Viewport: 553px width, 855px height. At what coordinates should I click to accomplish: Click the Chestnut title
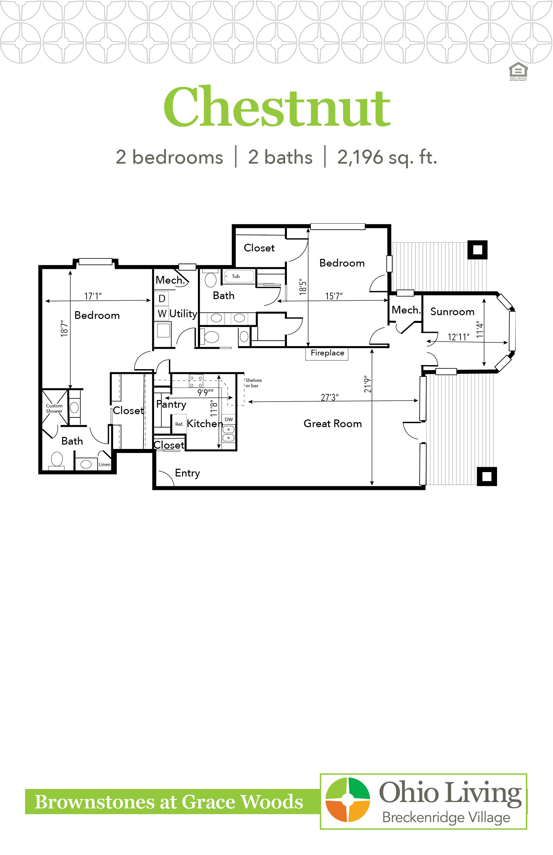pyautogui.click(x=277, y=106)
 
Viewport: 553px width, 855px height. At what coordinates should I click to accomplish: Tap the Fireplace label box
pyautogui.click(x=327, y=353)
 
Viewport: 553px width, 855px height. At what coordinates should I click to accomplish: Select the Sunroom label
pyautogui.click(x=452, y=312)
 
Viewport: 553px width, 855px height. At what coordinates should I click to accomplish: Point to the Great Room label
pyautogui.click(x=332, y=423)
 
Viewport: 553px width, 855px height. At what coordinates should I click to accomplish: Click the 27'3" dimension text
pyautogui.click(x=329, y=397)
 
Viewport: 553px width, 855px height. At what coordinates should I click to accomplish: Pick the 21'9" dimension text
pyautogui.click(x=367, y=384)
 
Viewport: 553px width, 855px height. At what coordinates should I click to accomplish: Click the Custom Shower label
pyautogui.click(x=54, y=408)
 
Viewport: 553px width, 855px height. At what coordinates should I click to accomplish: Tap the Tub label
pyautogui.click(x=236, y=276)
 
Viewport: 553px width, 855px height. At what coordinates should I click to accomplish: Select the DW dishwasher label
pyautogui.click(x=229, y=419)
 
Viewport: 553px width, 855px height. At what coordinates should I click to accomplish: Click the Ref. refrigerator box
pyautogui.click(x=179, y=424)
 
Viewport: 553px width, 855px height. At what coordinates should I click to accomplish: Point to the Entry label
pyautogui.click(x=187, y=473)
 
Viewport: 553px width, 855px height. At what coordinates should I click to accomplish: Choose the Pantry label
pyautogui.click(x=171, y=405)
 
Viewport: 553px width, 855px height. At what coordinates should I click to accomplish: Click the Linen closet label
pyautogui.click(x=105, y=464)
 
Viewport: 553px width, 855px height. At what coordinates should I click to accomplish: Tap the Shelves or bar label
pyautogui.click(x=253, y=383)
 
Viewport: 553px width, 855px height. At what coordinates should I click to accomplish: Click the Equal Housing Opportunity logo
pyautogui.click(x=518, y=71)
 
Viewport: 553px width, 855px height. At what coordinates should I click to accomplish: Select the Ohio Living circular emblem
pyautogui.click(x=348, y=800)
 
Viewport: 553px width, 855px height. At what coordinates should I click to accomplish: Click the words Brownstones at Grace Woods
pyautogui.click(x=169, y=802)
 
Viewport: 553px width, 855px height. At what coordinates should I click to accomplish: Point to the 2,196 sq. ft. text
pyautogui.click(x=387, y=158)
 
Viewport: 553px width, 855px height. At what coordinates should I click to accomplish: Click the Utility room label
pyautogui.click(x=183, y=314)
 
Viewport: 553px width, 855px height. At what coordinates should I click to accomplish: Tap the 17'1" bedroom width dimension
pyautogui.click(x=93, y=296)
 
